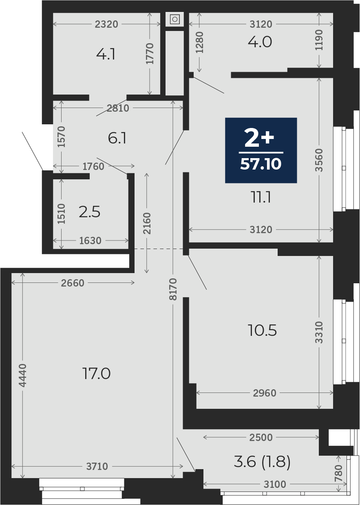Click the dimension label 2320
[x=106, y=24]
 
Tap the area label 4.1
[x=106, y=54]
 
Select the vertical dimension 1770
[x=150, y=53]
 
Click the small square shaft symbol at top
[x=174, y=19]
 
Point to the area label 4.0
[x=260, y=42]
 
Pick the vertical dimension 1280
[x=199, y=43]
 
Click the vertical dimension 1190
[x=319, y=40]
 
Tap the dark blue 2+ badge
[x=261, y=150]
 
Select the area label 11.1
[x=261, y=197]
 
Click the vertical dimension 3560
[x=319, y=160]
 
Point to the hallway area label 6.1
[x=117, y=138]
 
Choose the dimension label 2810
[x=118, y=108]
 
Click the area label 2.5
[x=90, y=212]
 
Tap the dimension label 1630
[x=90, y=241]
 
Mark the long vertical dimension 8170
[x=173, y=289]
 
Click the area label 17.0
[x=96, y=374]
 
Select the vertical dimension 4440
[x=22, y=375]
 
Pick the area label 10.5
[x=262, y=331]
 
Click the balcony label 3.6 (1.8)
[x=262, y=461]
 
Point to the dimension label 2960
[x=265, y=393]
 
